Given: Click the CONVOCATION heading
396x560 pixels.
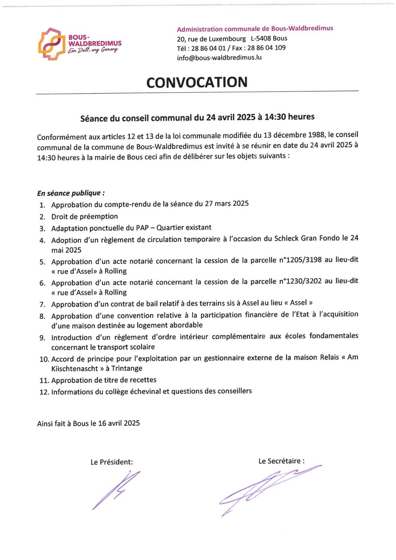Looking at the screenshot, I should [197, 82].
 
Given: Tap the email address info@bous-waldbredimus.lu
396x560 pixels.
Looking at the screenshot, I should [219, 58].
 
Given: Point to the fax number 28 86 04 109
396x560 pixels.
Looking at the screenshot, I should [266, 48].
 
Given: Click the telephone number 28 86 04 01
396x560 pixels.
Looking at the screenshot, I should [208, 48].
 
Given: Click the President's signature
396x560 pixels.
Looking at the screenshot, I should [116, 490].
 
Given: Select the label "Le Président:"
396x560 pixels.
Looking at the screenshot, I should [112, 462].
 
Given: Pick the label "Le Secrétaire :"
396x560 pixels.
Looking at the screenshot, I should [281, 461].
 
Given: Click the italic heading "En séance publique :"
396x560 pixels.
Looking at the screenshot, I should [71, 193].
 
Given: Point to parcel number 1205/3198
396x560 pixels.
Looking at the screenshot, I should [304, 260].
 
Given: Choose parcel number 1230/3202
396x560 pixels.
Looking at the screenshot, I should [304, 281].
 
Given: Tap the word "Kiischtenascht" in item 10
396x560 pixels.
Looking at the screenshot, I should [74, 369].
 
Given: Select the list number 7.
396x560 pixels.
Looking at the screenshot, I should [42, 305].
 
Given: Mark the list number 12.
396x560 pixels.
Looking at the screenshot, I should [44, 392].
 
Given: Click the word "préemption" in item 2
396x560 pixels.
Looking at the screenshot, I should [99, 216].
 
